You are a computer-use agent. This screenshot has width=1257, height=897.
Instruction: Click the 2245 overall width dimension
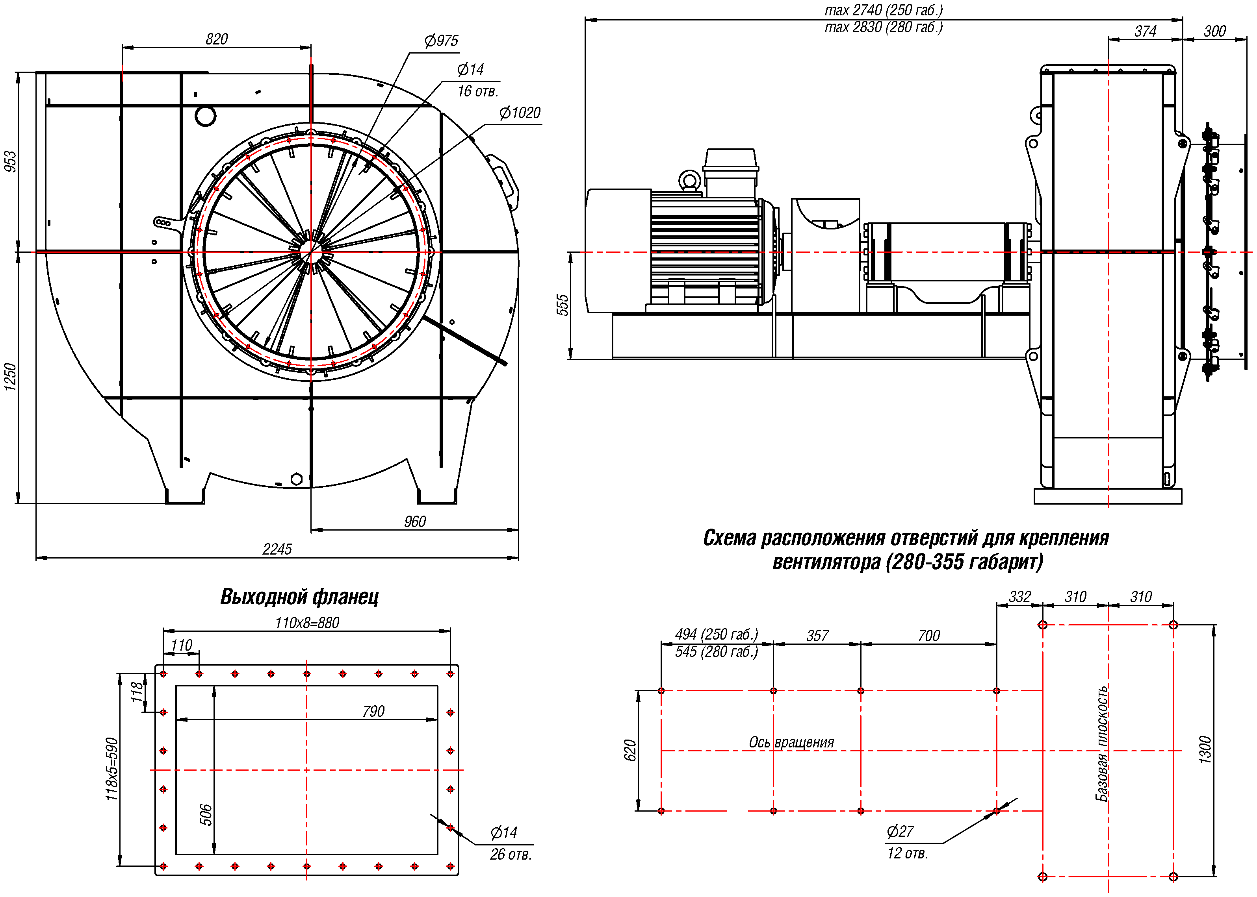pyautogui.click(x=277, y=549)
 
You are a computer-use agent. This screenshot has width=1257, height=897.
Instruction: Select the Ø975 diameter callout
pyautogui.click(x=441, y=41)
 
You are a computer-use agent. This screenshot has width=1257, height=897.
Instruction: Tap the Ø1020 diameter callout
pyautogui.click(x=520, y=113)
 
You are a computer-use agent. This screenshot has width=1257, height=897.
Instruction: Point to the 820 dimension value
pyautogui.click(x=216, y=39)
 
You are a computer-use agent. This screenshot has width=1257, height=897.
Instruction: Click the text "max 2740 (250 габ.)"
pyautogui.click(x=883, y=10)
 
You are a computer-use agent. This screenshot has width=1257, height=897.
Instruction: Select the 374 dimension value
pyautogui.click(x=1145, y=31)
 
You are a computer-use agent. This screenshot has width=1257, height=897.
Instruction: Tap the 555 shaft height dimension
pyautogui.click(x=562, y=305)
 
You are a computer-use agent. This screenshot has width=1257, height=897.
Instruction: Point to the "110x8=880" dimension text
pyautogui.click(x=307, y=623)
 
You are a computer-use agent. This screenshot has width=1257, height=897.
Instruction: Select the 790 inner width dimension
pyautogui.click(x=373, y=711)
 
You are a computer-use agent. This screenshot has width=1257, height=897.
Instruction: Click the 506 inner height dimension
pyautogui.click(x=206, y=815)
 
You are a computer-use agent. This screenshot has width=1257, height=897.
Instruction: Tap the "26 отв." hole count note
pyautogui.click(x=510, y=854)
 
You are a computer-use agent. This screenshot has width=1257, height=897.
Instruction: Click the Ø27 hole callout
pyautogui.click(x=900, y=831)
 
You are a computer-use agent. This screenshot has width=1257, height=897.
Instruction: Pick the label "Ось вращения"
pyautogui.click(x=791, y=742)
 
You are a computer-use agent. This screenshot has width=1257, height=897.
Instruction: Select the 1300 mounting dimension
pyautogui.click(x=1205, y=750)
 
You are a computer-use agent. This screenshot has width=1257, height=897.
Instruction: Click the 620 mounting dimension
pyautogui.click(x=630, y=750)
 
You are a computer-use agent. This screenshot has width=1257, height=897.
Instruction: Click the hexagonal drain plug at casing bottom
pyautogui.click(x=296, y=479)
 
